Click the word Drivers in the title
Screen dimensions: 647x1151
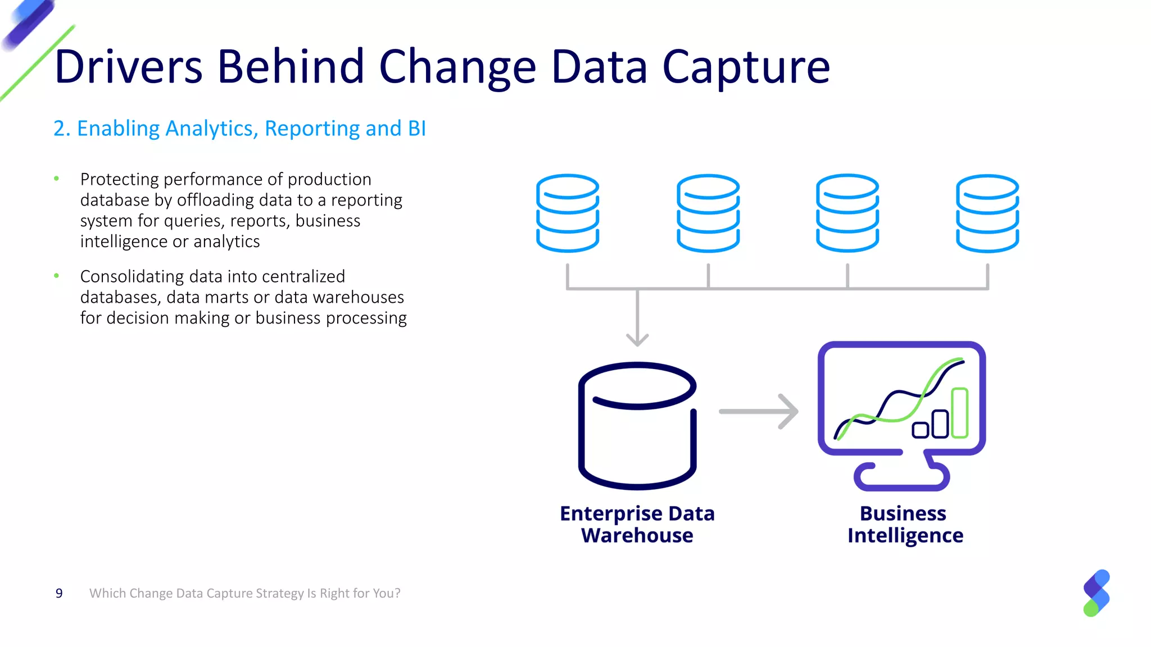pyautogui.click(x=128, y=67)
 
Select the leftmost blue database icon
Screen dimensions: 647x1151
pyautogui.click(x=568, y=213)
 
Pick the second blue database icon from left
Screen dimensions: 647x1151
pyautogui.click(x=708, y=213)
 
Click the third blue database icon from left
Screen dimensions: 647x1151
pyautogui.click(x=848, y=213)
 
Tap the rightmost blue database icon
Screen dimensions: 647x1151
pyautogui.click(x=987, y=213)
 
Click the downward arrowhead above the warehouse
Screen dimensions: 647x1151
pyautogui.click(x=637, y=339)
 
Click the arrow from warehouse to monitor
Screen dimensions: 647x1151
pyautogui.click(x=759, y=412)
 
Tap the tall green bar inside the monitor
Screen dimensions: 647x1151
pyautogui.click(x=959, y=413)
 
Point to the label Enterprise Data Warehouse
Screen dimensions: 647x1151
pyautogui.click(x=637, y=524)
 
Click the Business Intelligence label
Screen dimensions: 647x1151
pyautogui.click(x=905, y=524)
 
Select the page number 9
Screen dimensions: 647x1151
pyautogui.click(x=59, y=594)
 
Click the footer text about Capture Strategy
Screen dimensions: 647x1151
pyautogui.click(x=245, y=594)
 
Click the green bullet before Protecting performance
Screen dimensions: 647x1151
pyautogui.click(x=56, y=179)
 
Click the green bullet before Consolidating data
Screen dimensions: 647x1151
pyautogui.click(x=56, y=276)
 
